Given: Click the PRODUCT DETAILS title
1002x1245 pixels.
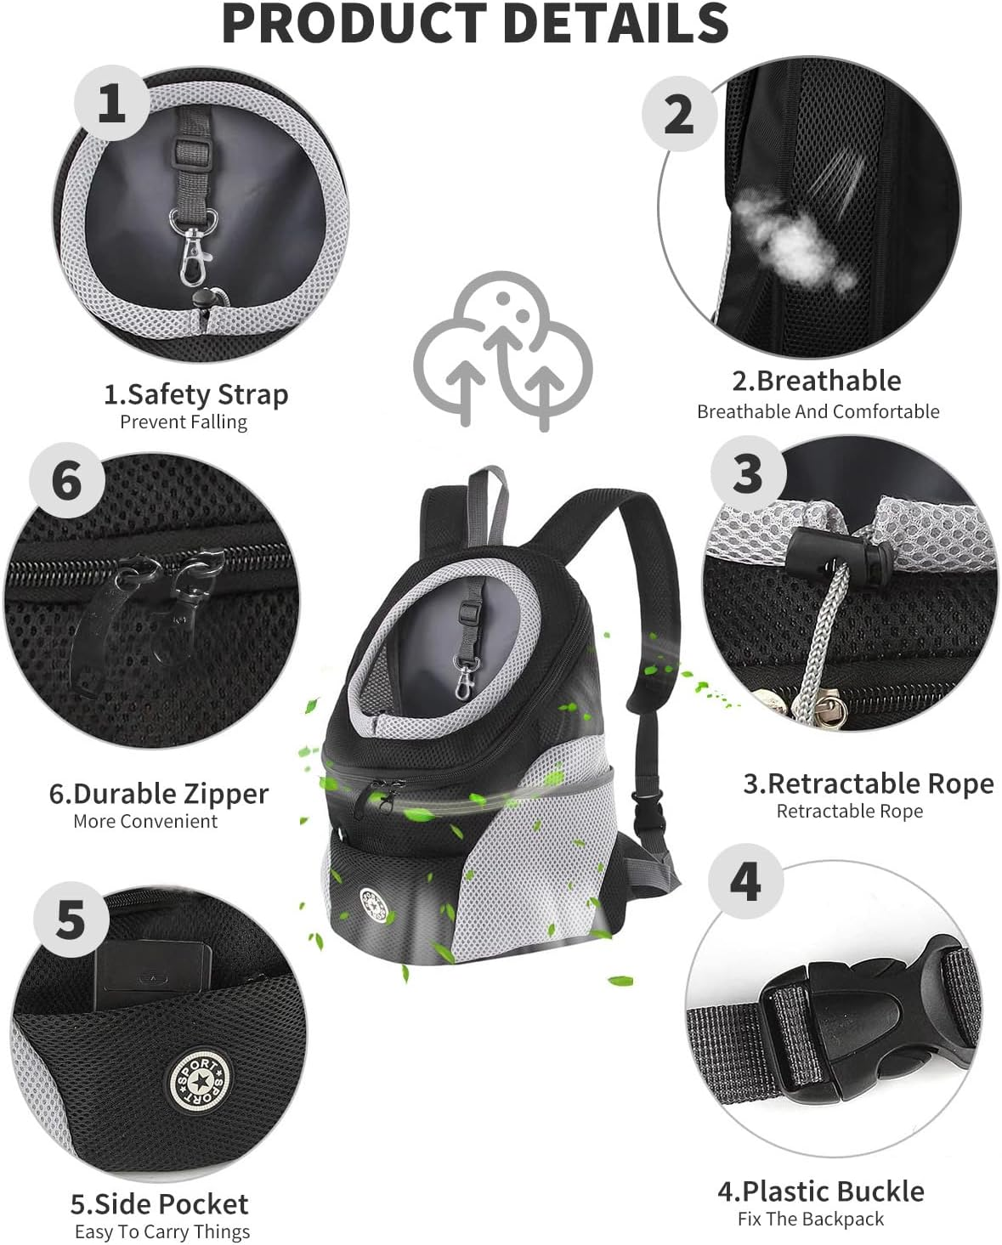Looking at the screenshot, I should pyautogui.click(x=475, y=23).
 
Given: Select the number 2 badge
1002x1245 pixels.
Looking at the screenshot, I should pyautogui.click(x=678, y=114).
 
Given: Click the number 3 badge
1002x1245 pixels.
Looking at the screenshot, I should pyautogui.click(x=747, y=474).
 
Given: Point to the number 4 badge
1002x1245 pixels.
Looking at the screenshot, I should pyautogui.click(x=745, y=881).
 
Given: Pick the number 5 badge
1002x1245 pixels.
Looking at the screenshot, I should pyautogui.click(x=71, y=921).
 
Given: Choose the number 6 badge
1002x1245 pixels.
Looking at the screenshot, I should pyautogui.click(x=67, y=481).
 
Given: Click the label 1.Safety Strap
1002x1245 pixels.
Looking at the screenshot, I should pyautogui.click(x=195, y=394).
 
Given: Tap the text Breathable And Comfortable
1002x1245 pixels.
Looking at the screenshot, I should pyautogui.click(x=818, y=411).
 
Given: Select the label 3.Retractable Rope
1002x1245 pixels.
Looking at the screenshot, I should pyautogui.click(x=868, y=783).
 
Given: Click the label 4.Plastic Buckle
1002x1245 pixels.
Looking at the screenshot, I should pyautogui.click(x=820, y=1191).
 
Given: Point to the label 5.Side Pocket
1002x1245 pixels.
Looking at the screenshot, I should pyautogui.click(x=159, y=1203).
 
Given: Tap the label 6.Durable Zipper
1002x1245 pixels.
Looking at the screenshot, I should pyautogui.click(x=158, y=793).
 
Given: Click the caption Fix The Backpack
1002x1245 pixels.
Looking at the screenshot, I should pyautogui.click(x=810, y=1219).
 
